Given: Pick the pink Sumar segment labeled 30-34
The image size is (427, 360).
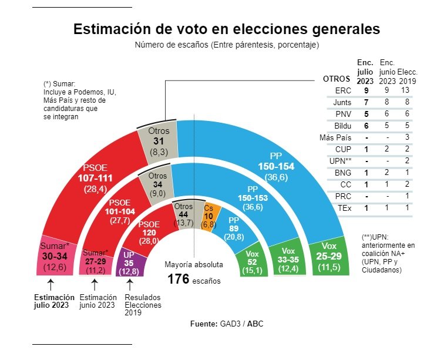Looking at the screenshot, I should point(55,255).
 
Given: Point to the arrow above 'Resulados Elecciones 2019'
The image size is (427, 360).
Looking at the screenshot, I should point(129,286).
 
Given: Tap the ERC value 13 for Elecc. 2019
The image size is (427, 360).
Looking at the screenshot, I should point(405,91).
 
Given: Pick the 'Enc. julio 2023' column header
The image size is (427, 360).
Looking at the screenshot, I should point(365,70).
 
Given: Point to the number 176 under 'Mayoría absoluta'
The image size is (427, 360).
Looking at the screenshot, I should point(178,279).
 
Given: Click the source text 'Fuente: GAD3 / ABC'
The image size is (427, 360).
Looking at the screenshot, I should point(226,324).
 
